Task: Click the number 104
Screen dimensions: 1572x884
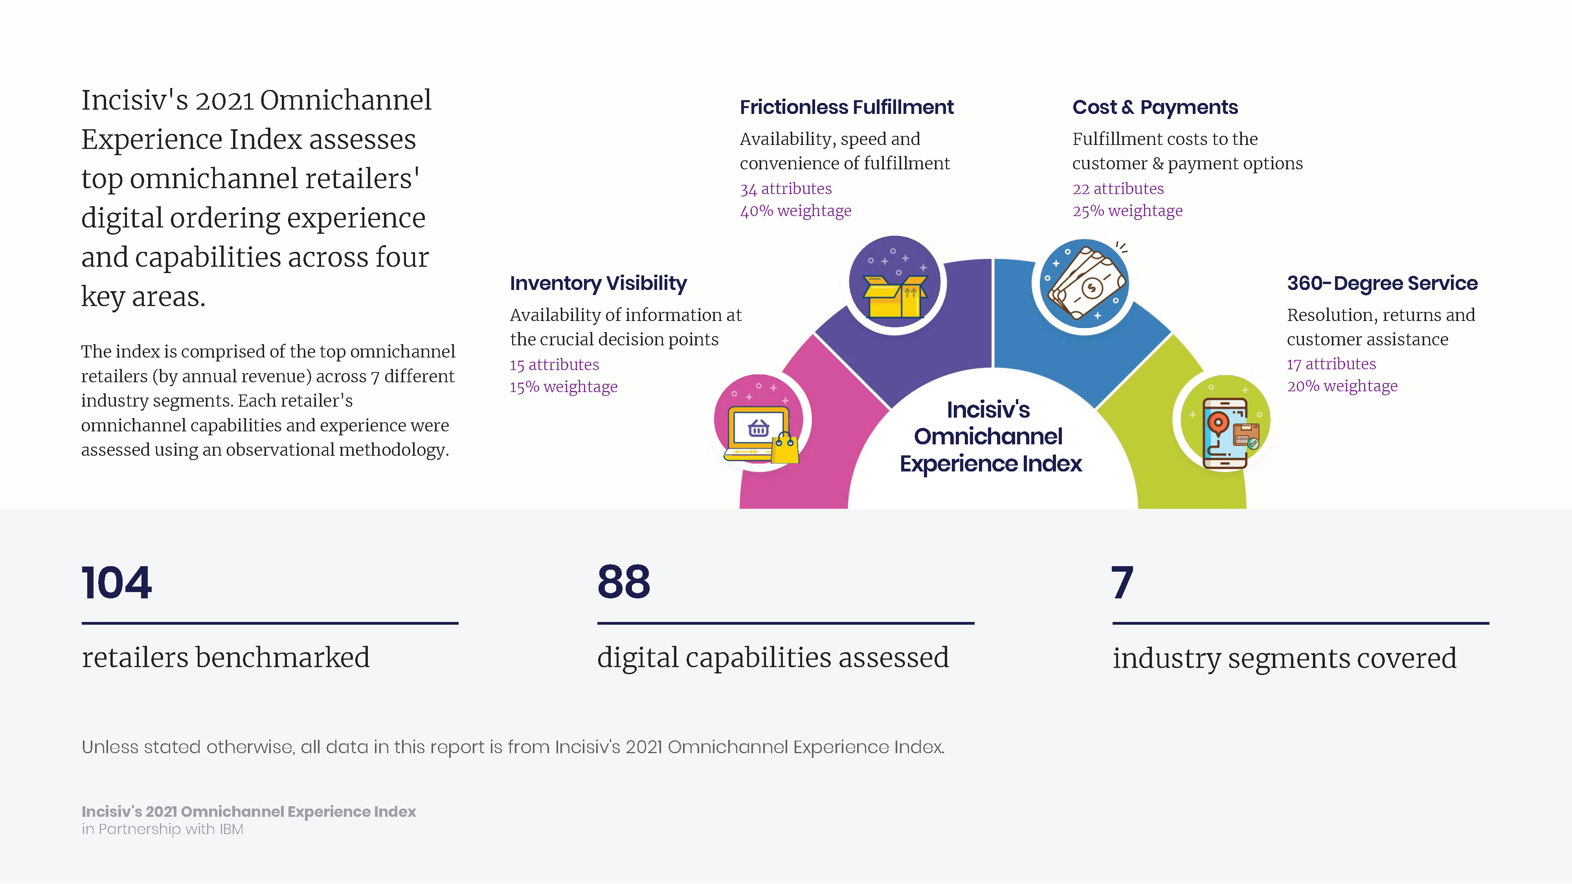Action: pyautogui.click(x=117, y=583)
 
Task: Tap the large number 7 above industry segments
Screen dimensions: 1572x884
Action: pyautogui.click(x=1122, y=583)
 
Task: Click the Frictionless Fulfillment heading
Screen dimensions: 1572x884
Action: pyautogui.click(x=847, y=107)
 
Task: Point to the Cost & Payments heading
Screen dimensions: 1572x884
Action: pyautogui.click(x=1155, y=107)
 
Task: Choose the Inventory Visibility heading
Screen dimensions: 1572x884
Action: pyautogui.click(x=598, y=284)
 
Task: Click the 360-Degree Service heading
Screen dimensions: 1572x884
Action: pyautogui.click(x=1382, y=284)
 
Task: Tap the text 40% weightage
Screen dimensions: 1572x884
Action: pyautogui.click(x=795, y=211)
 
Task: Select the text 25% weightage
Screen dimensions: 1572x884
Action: pyautogui.click(x=1127, y=211)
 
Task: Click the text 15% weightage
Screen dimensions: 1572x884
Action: pyautogui.click(x=563, y=387)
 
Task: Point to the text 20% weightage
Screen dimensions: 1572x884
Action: pyautogui.click(x=1342, y=386)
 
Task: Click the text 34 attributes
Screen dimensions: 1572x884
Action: pyautogui.click(x=785, y=189)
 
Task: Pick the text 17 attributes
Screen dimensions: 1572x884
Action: pyautogui.click(x=1331, y=364)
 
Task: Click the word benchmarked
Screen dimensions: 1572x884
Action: pyautogui.click(x=283, y=658)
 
